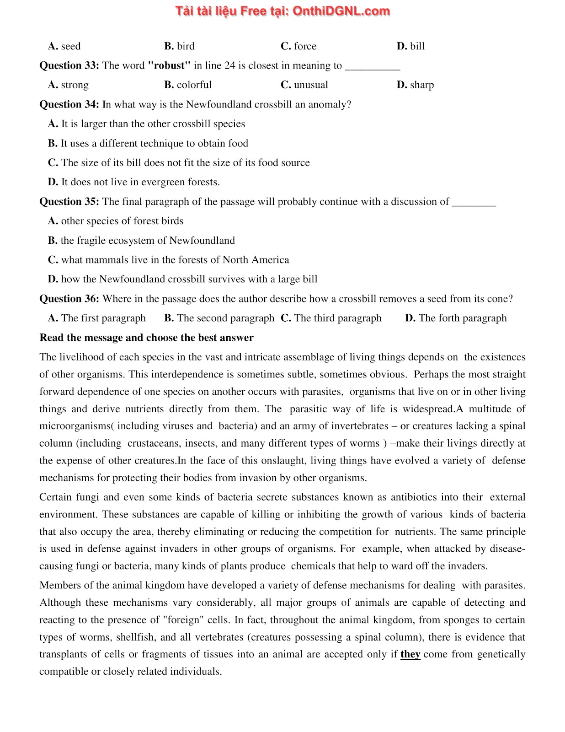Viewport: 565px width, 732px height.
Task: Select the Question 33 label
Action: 69,65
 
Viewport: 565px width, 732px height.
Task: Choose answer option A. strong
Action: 69,85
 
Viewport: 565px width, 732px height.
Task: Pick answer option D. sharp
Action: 415,85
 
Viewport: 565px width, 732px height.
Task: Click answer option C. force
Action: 298,46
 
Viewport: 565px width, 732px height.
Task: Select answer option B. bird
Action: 179,46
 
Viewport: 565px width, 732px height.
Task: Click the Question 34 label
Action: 69,104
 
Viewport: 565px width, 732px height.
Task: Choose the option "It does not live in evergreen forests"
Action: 133,182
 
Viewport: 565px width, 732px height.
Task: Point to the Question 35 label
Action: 69,202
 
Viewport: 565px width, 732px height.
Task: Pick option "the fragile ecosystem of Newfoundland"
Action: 141,241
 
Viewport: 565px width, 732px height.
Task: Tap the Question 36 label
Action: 69,299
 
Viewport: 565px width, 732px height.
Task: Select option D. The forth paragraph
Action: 456,318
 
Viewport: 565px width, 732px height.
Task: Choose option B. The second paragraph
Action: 219,318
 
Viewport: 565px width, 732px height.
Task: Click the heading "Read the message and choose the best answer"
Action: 146,338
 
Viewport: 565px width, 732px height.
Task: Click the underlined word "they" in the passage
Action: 410,654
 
